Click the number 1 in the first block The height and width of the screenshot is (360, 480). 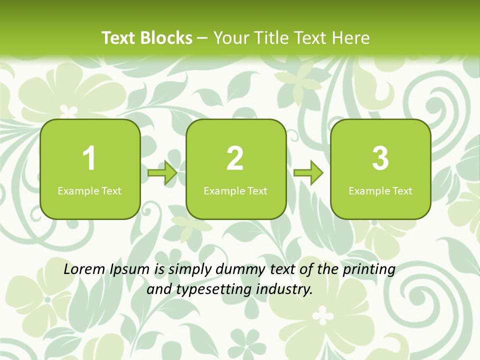pyautogui.click(x=89, y=158)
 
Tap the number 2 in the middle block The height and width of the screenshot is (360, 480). pyautogui.click(x=235, y=158)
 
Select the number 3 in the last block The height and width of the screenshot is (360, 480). pyautogui.click(x=380, y=158)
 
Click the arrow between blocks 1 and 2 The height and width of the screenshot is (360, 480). pyautogui.click(x=162, y=173)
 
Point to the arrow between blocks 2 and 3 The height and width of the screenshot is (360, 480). pyautogui.click(x=308, y=173)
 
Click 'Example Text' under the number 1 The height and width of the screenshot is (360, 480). pyautogui.click(x=89, y=190)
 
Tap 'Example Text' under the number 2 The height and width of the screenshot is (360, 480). pyautogui.click(x=235, y=190)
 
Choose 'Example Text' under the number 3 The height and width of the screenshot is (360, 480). pyautogui.click(x=380, y=190)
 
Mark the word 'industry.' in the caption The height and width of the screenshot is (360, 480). pyautogui.click(x=285, y=289)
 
